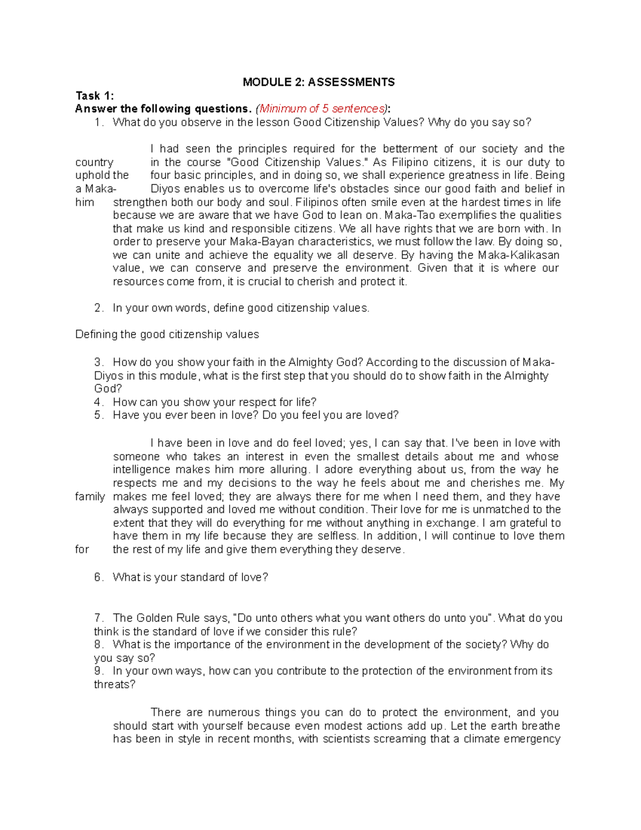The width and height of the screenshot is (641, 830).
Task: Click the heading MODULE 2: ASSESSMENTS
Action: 318,82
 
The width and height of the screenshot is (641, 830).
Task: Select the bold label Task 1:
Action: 95,96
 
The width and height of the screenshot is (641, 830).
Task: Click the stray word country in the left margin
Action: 94,162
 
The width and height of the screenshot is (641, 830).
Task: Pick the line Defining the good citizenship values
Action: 167,335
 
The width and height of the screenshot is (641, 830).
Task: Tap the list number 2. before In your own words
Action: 98,308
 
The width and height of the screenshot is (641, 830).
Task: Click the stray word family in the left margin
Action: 90,497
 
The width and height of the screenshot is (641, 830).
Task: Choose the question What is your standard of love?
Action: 190,577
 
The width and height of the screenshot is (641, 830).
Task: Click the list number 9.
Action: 98,671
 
